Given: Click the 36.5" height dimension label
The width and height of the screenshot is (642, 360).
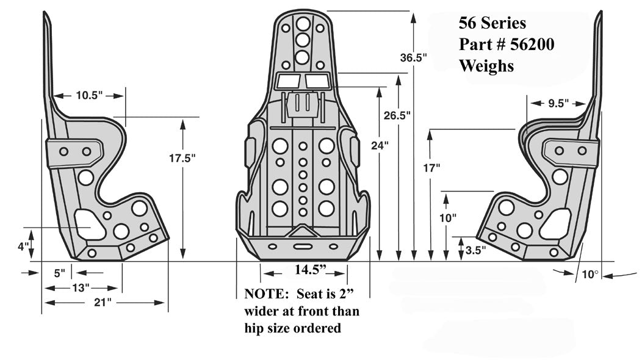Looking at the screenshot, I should point(413,59).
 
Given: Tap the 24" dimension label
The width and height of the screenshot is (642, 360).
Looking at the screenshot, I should point(379,145).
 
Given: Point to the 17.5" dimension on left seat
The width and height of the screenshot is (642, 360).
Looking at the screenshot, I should point(182,158).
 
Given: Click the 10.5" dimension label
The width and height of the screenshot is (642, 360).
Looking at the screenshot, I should point(89,96).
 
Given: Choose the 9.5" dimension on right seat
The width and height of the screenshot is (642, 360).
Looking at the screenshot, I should point(555,103).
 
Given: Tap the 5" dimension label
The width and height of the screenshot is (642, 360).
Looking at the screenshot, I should point(59,273).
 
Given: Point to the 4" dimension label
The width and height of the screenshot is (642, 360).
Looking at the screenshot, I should point(23,247).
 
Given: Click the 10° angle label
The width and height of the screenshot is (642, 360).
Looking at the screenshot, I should point(590,275).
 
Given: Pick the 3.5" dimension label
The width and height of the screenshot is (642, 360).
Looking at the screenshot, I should point(475,250).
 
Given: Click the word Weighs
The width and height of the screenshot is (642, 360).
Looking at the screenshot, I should point(486,66).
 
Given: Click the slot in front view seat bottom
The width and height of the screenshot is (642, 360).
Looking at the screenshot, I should point(302,247).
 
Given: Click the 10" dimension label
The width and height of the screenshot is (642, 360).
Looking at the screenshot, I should point(447,218).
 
